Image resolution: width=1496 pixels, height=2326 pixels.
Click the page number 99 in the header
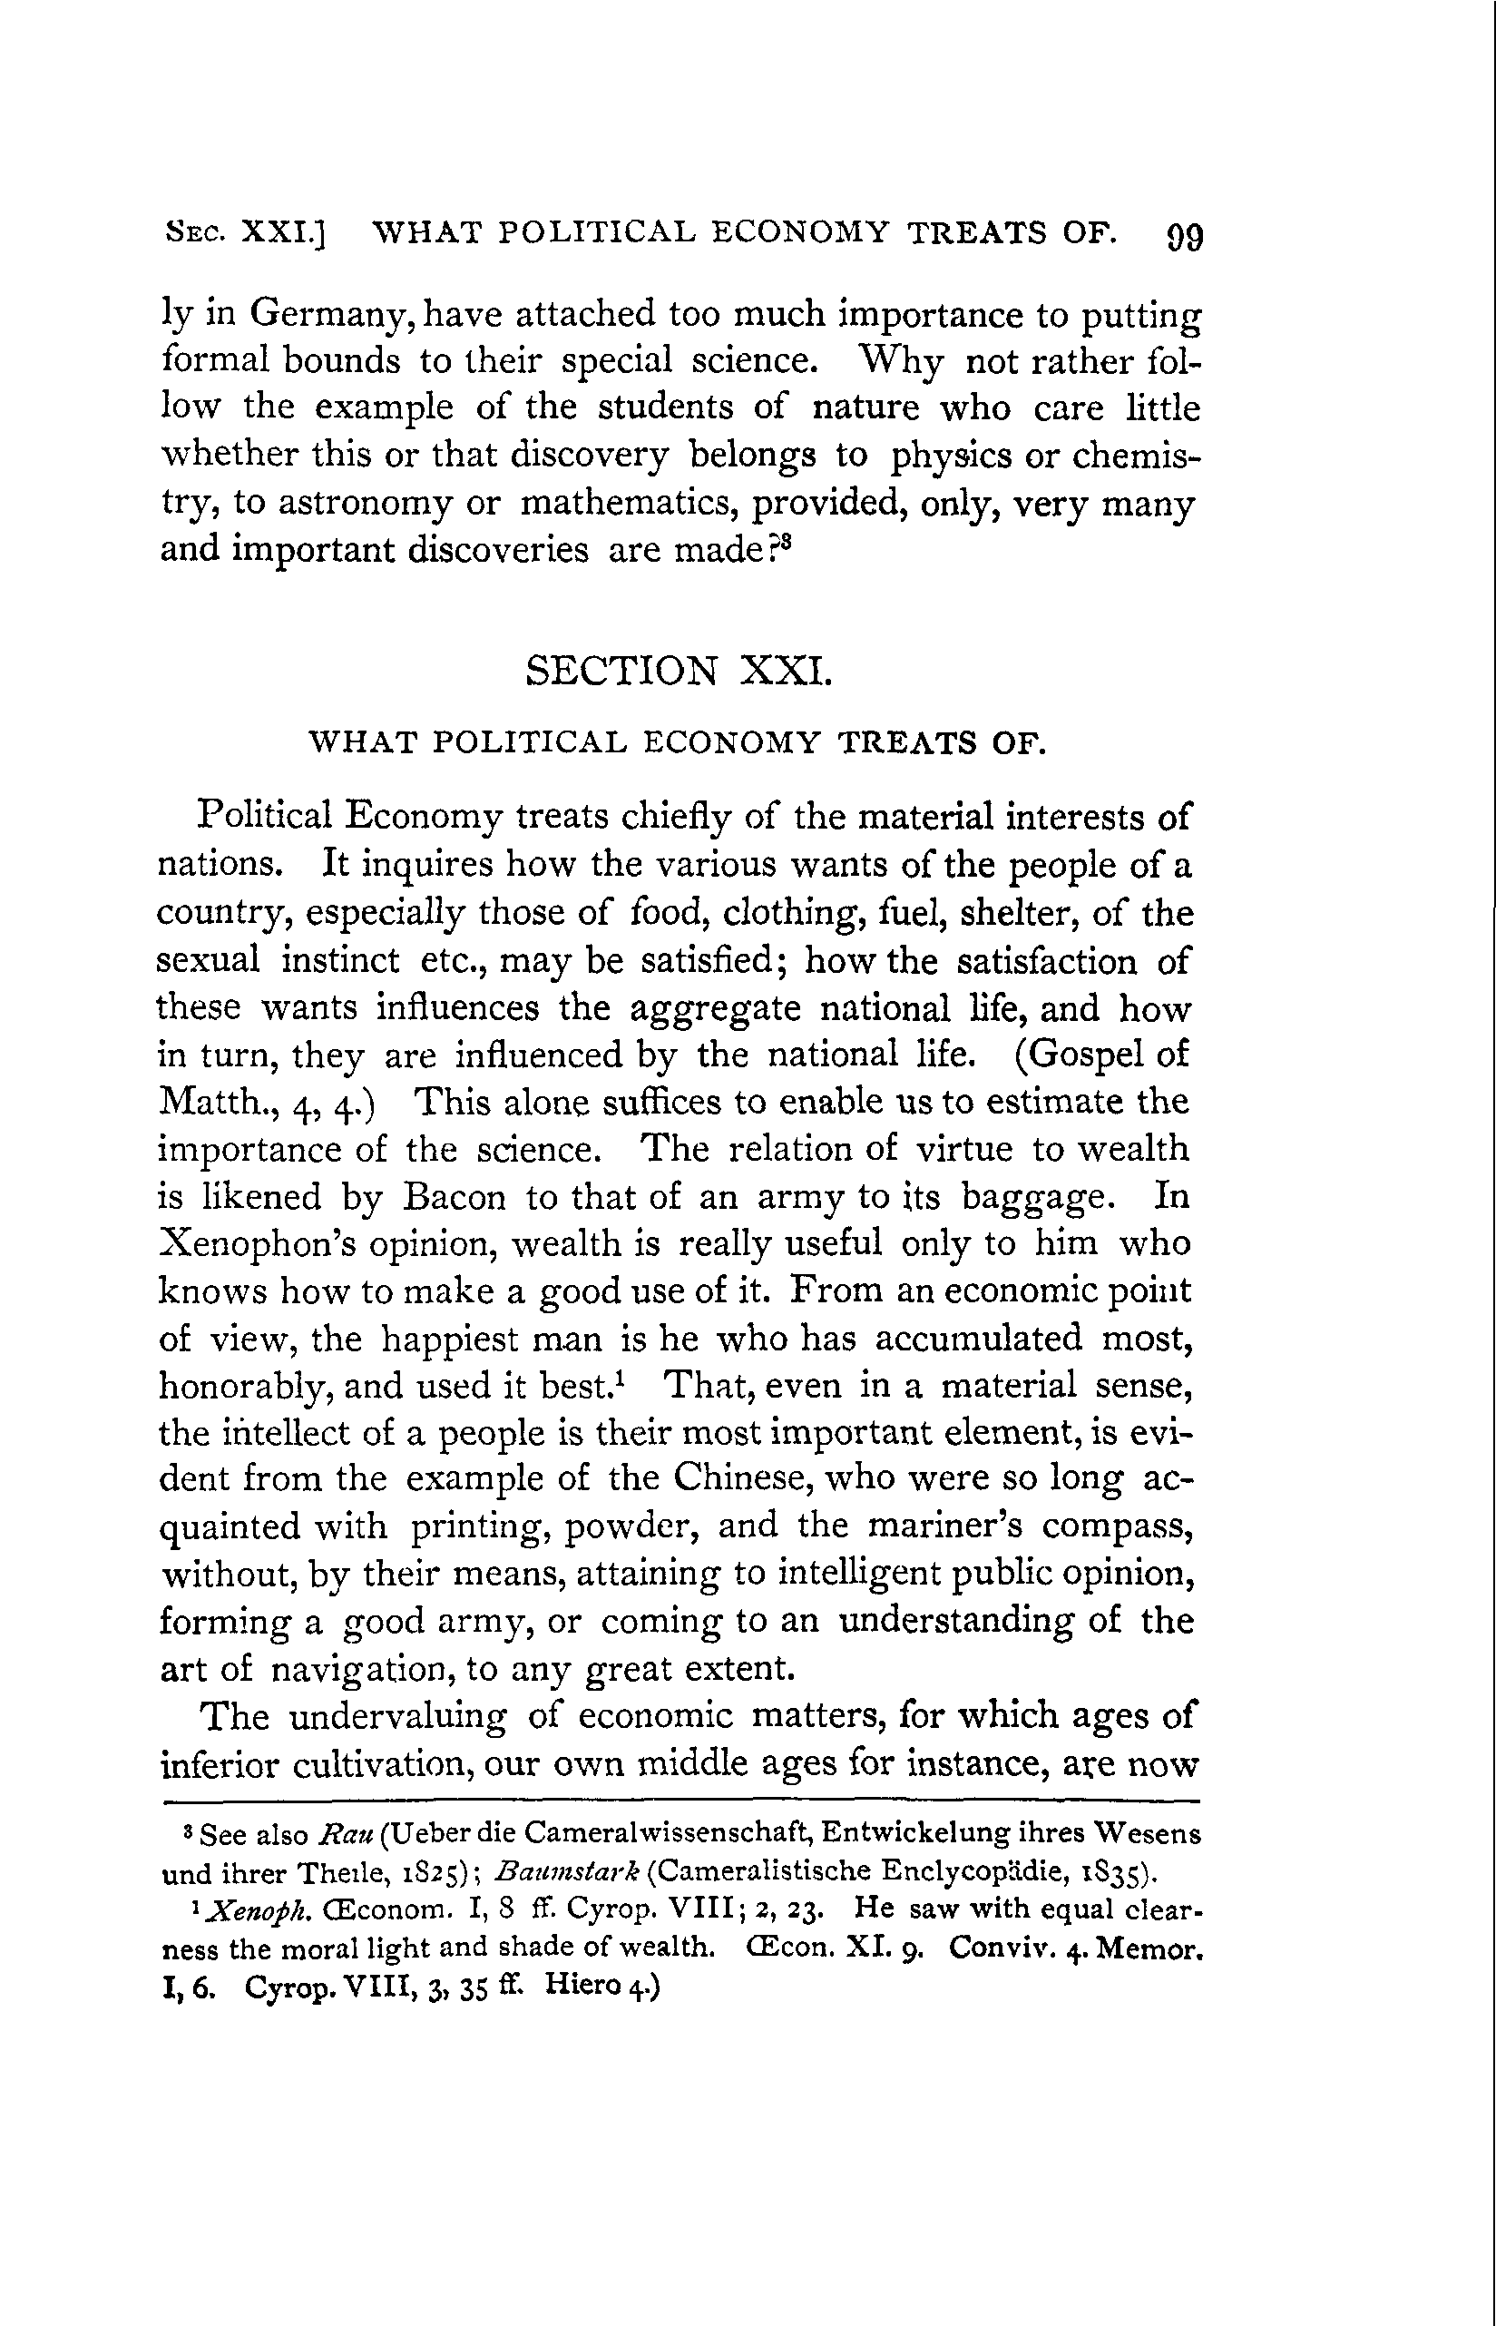point(1183,236)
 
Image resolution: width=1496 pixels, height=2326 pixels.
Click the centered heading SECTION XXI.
point(678,671)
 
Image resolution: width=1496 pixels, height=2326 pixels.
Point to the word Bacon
point(454,1196)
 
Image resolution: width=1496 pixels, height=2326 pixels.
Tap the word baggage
point(1038,1198)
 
